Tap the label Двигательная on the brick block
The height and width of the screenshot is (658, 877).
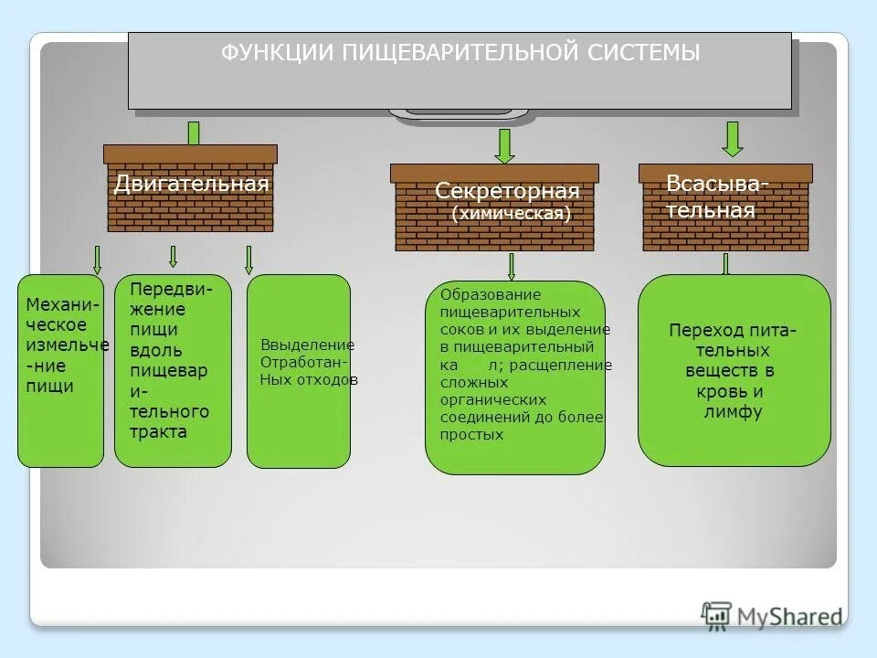tap(191, 184)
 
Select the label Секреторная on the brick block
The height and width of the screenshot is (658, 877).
tap(507, 191)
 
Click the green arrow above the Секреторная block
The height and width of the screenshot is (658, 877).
tap(504, 145)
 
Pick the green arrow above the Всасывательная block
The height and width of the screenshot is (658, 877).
tap(732, 138)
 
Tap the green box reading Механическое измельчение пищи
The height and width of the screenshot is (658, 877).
tap(60, 370)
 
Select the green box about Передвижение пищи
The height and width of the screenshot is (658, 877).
tap(173, 370)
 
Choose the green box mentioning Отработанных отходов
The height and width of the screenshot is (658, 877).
tap(299, 370)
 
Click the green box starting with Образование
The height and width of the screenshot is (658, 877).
tap(515, 377)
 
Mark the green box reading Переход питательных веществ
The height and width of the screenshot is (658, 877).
tap(734, 370)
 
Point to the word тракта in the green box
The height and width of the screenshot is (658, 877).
tap(158, 432)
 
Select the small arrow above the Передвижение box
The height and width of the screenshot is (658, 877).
tap(173, 256)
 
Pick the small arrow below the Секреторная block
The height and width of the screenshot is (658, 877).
tap(511, 266)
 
